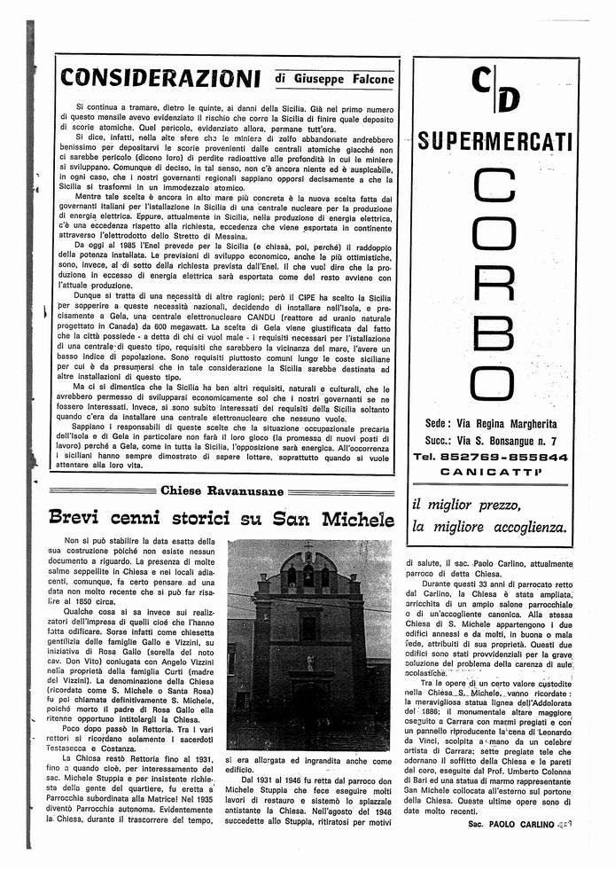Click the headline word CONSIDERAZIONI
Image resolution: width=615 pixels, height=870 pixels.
(160, 78)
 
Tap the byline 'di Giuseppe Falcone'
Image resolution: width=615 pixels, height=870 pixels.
(334, 79)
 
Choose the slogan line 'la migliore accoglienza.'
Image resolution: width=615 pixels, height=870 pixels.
(487, 527)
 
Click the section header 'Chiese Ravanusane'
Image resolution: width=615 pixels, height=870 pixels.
(222, 490)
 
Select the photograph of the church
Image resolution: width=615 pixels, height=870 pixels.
(308, 644)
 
